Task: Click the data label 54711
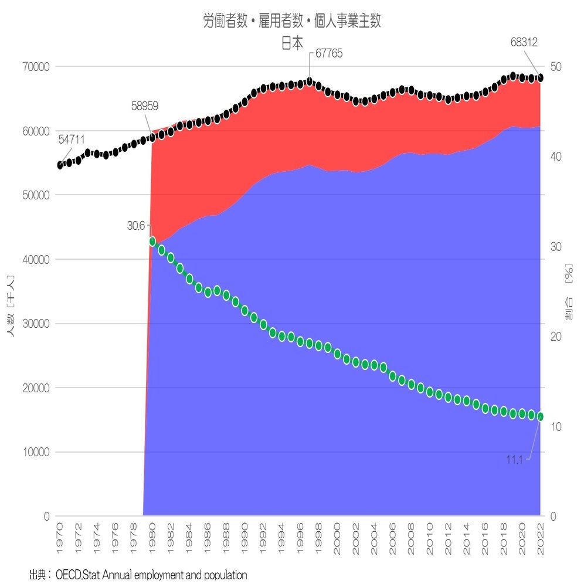point(72,140)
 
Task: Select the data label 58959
point(145,106)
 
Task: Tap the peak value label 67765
point(329,53)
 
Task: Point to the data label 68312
point(524,42)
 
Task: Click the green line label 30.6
point(135,226)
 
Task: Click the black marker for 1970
point(60,165)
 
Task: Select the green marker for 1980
point(152,241)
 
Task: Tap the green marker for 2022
point(540,416)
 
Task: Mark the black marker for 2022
point(540,78)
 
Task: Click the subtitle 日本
point(292,43)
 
